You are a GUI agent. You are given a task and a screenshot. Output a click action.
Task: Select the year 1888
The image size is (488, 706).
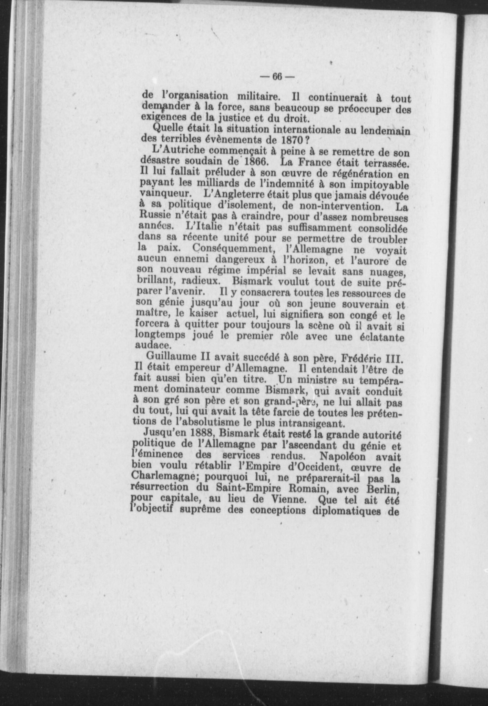pos(196,432)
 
